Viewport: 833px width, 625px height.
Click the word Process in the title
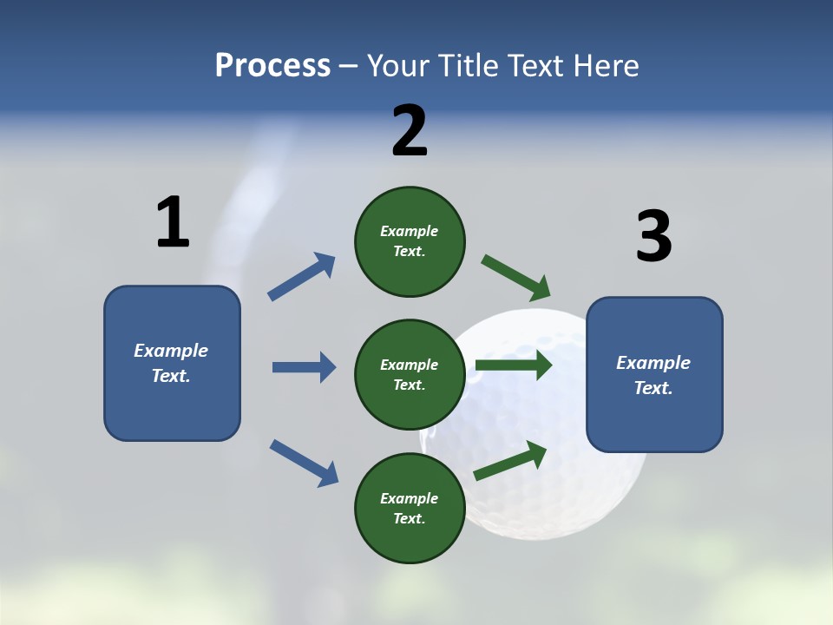272,66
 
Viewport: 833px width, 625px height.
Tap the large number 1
173,223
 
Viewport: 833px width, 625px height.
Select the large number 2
410,131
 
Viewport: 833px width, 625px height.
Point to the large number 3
653,236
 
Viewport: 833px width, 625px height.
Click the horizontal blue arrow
304,367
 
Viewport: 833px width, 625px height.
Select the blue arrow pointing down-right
304,463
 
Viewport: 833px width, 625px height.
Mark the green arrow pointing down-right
516,278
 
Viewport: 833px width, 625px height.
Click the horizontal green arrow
514,365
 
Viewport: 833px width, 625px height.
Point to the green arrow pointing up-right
510,461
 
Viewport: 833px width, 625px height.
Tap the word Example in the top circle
410,231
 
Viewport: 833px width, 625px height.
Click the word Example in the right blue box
653,363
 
